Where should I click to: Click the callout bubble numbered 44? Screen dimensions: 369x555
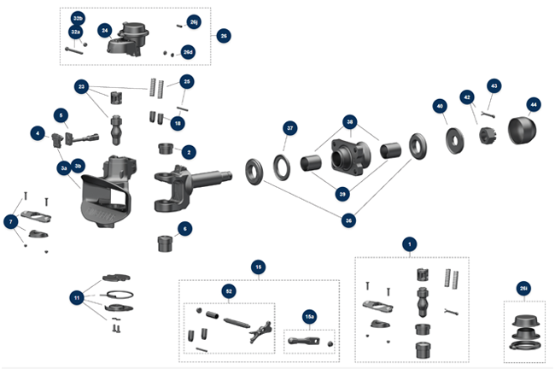[533, 104]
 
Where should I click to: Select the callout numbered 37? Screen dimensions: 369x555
[290, 128]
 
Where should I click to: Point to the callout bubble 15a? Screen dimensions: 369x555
[309, 317]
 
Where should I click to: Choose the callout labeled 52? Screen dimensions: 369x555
[229, 291]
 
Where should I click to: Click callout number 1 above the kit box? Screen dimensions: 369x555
[411, 243]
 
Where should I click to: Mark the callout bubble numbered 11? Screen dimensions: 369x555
[77, 297]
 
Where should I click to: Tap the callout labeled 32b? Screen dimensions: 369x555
[78, 18]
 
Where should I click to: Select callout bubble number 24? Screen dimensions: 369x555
[104, 30]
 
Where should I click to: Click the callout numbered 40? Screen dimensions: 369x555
[440, 106]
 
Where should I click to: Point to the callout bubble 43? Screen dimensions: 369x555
[494, 85]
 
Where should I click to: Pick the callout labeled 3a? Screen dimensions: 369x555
[63, 169]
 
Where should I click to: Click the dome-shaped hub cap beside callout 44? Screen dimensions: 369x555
[523, 133]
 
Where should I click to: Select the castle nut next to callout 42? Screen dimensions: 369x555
[489, 136]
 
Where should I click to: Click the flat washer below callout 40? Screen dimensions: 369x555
[449, 138]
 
